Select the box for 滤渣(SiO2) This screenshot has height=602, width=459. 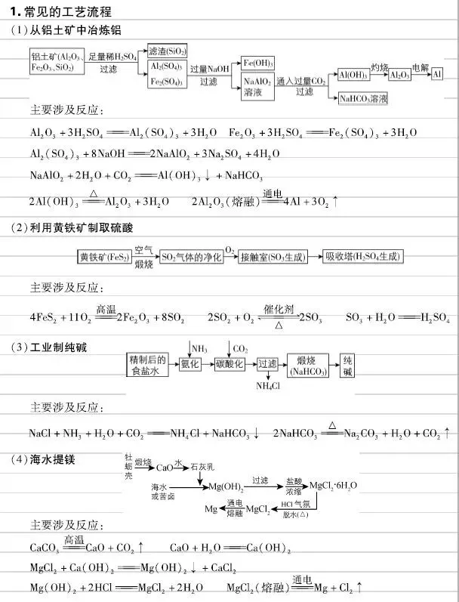(168, 50)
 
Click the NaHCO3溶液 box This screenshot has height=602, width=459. (364, 98)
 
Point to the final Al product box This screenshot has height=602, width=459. (436, 75)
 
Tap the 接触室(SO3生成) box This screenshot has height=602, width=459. (273, 257)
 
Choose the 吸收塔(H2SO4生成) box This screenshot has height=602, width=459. (363, 257)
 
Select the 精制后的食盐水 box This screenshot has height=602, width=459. (146, 364)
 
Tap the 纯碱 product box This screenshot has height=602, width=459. (347, 364)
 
